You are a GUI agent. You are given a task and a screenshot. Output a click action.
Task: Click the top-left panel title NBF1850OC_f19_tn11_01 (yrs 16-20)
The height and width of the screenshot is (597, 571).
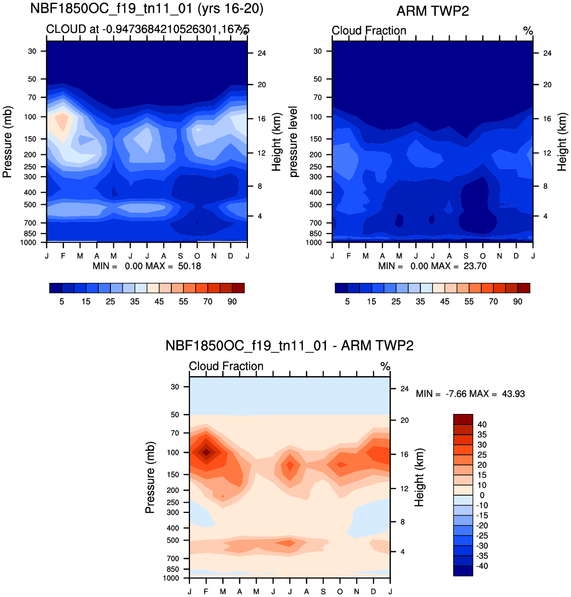[x=147, y=9]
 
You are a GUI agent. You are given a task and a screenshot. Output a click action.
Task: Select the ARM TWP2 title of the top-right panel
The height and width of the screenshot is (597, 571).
[x=432, y=11]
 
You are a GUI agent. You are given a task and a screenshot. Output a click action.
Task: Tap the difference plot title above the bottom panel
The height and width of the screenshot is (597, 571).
[x=289, y=346]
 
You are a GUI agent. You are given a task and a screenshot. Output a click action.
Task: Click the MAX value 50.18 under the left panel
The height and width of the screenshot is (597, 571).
[x=189, y=266]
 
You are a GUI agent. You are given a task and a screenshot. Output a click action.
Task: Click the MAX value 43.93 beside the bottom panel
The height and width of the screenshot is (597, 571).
[x=513, y=394]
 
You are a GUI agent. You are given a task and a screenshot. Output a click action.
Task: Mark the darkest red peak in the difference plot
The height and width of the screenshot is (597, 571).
[x=206, y=452]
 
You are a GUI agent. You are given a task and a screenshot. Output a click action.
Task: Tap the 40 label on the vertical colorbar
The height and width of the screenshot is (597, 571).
[x=482, y=425]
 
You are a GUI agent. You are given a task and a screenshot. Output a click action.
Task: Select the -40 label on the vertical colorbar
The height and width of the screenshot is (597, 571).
[x=480, y=566]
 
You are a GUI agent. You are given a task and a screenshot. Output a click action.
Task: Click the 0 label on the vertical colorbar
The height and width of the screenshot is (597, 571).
[x=482, y=495]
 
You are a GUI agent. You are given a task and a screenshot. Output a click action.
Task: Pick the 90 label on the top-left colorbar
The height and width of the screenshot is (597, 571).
[x=232, y=302]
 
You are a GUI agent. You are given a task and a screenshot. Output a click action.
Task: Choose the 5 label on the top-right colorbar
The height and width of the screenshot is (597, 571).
[x=347, y=302]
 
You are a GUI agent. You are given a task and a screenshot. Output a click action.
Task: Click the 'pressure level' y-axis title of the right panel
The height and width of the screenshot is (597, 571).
[x=294, y=142]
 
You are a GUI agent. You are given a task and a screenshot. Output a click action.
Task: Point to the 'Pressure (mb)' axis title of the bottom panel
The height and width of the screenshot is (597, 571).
[x=150, y=477]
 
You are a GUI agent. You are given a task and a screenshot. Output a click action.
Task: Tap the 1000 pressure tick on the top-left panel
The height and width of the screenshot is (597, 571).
[x=29, y=243]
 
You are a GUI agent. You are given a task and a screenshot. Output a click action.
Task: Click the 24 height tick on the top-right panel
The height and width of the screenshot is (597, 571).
[x=547, y=53]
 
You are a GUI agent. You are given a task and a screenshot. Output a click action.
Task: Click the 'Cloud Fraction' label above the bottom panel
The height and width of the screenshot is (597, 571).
[x=226, y=367]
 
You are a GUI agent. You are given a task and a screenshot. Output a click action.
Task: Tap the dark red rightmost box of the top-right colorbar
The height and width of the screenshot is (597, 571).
[x=524, y=288]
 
